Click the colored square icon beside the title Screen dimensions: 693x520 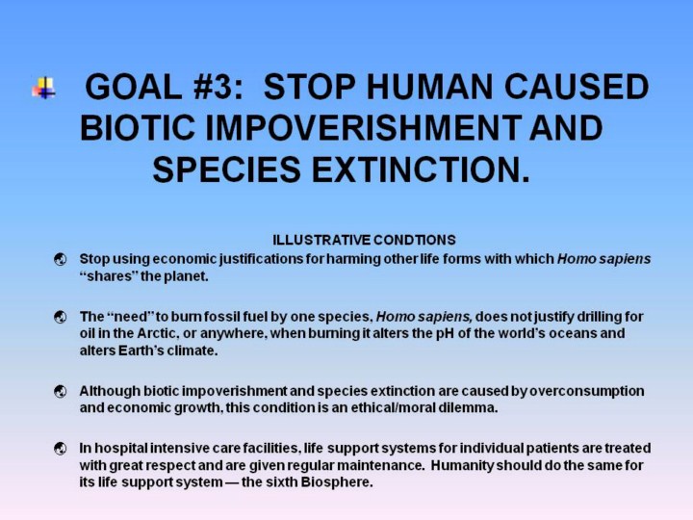tap(44, 88)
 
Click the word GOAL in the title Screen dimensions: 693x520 tap(133, 87)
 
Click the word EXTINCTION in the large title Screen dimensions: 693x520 tap(421, 169)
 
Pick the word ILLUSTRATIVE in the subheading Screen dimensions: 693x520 tap(322, 240)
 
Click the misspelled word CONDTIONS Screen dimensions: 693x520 tap(415, 240)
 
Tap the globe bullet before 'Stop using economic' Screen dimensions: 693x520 tap(61, 260)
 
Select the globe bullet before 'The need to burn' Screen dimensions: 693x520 tap(61, 318)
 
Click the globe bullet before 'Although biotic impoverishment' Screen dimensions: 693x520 tap(61, 392)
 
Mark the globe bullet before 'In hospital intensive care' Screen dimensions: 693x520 tap(61, 449)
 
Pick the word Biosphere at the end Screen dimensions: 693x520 tap(337, 482)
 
